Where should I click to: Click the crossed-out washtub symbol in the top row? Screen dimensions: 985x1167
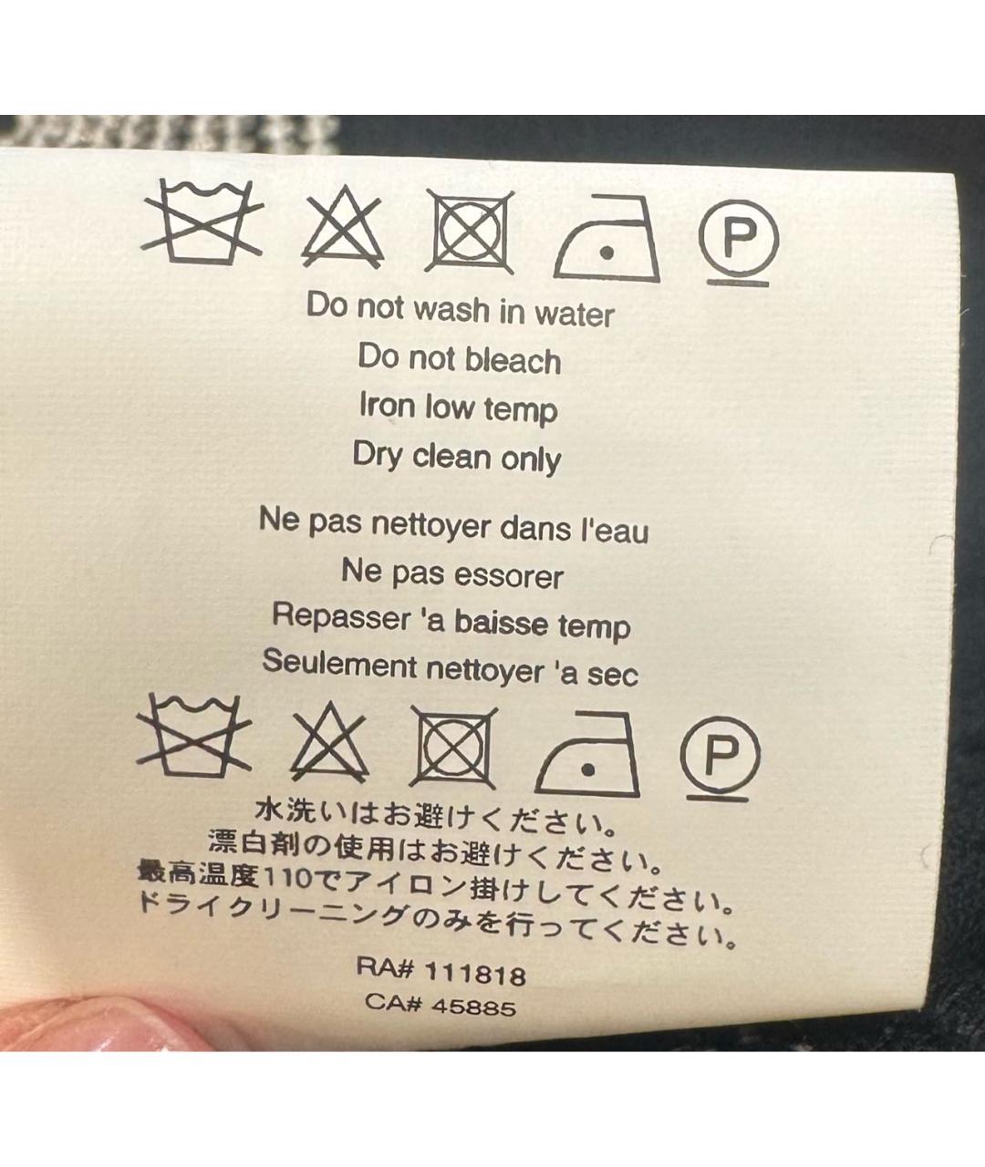pyautogui.click(x=202, y=223)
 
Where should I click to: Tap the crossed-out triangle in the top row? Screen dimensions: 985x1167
pyautogui.click(x=343, y=228)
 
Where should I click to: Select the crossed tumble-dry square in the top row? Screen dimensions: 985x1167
pyautogui.click(x=470, y=232)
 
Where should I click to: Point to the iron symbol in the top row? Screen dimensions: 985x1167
pyautogui.click(x=607, y=238)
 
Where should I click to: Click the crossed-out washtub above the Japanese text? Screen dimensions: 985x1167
pyautogui.click(x=194, y=738)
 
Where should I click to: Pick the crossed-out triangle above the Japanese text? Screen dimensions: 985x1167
pyautogui.click(x=330, y=742)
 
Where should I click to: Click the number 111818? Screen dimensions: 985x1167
pyautogui.click(x=475, y=975)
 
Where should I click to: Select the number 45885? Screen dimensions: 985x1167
pyautogui.click(x=473, y=1007)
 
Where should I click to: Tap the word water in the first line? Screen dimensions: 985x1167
pyautogui.click(x=575, y=315)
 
